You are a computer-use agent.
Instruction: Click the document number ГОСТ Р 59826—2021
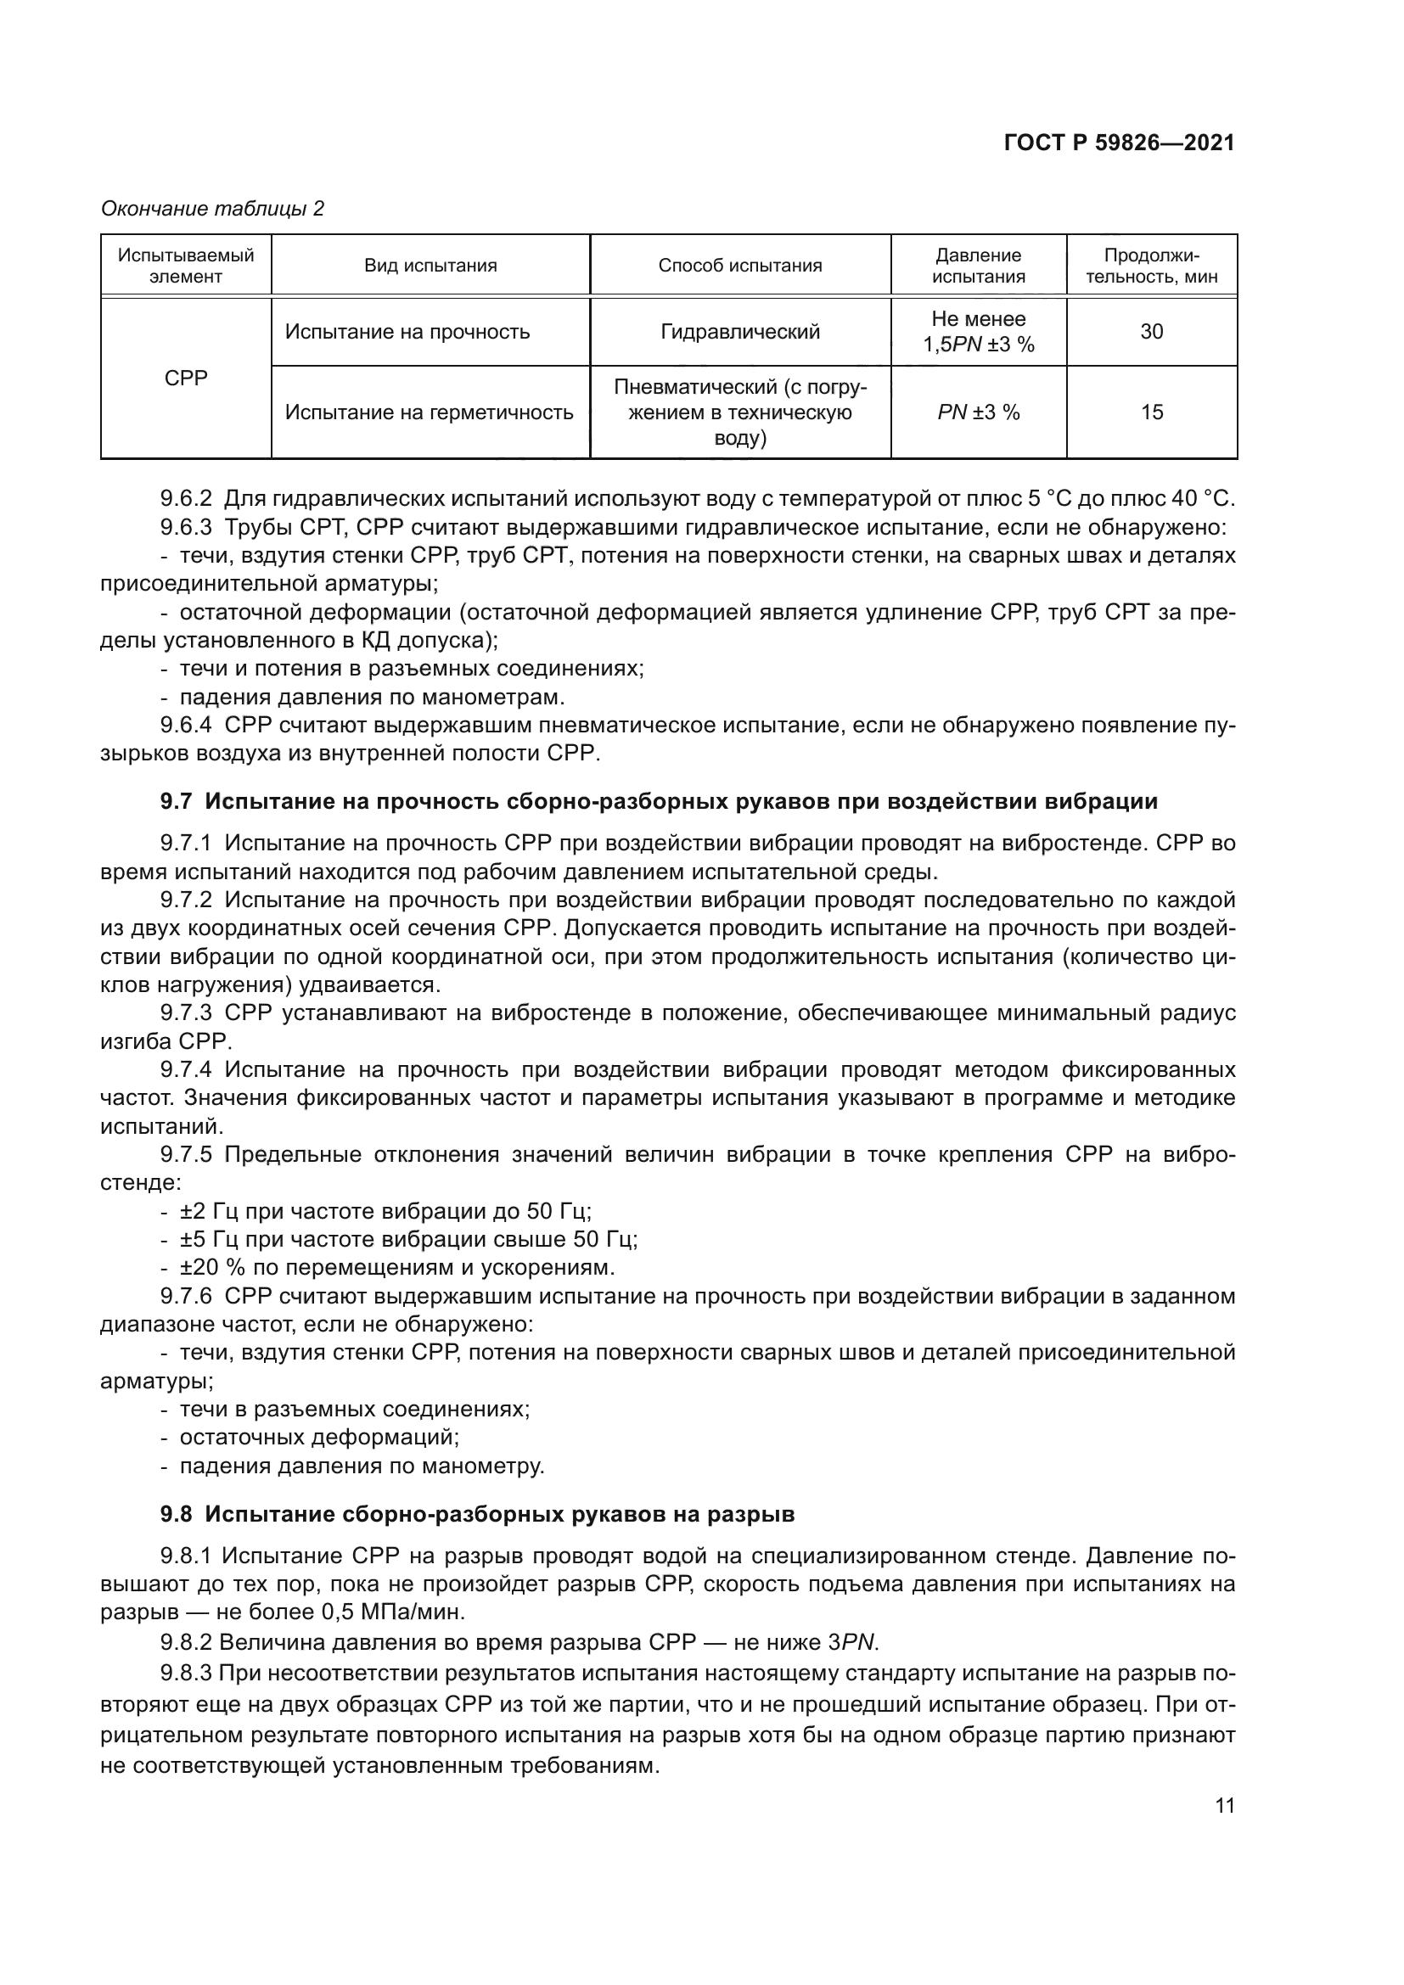tap(1119, 143)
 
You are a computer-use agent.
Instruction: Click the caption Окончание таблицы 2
tap(213, 209)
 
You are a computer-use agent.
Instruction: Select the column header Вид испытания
tap(430, 266)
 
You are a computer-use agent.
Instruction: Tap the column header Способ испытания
tap(740, 266)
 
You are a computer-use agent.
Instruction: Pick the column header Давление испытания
tap(978, 266)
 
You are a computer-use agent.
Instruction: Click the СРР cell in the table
tap(186, 378)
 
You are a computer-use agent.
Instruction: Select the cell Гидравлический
tap(740, 332)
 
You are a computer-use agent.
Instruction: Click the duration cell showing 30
tap(1151, 332)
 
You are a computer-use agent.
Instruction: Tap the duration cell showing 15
tap(1151, 412)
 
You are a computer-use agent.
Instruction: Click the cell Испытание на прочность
tap(407, 332)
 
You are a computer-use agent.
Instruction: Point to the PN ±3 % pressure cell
tap(978, 412)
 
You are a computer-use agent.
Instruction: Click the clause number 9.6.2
tap(186, 499)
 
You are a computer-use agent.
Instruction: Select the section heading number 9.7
tap(176, 801)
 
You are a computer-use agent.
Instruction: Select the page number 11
tap(1224, 1805)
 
